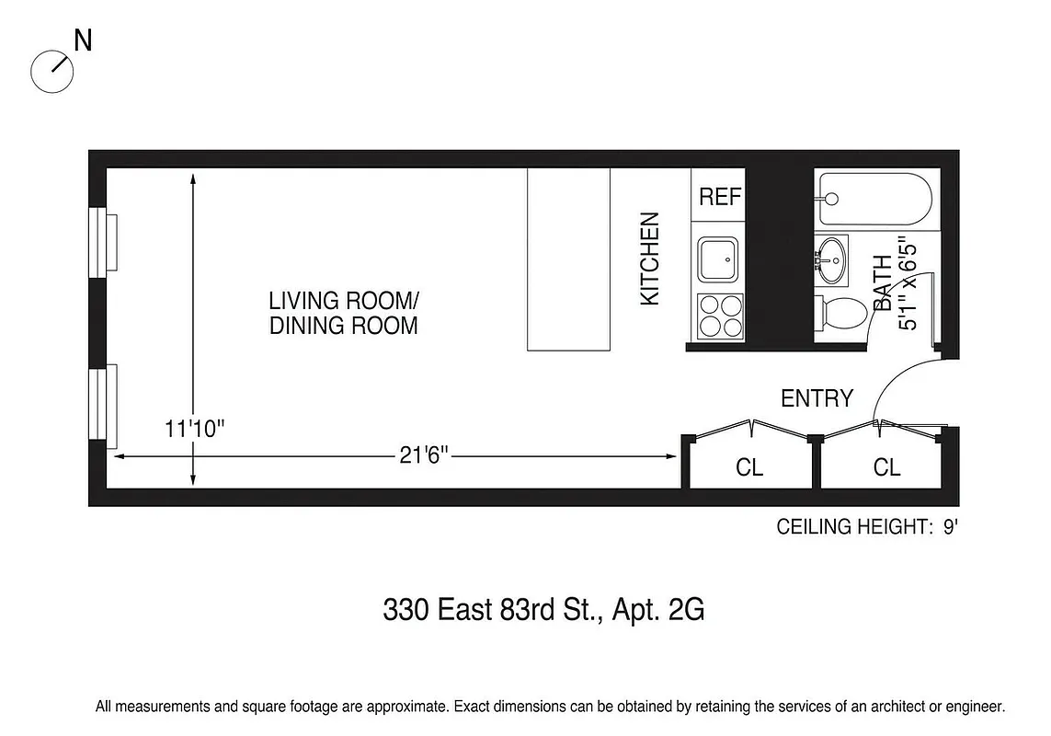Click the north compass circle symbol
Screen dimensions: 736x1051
(x=51, y=71)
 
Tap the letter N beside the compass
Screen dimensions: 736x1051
(x=83, y=41)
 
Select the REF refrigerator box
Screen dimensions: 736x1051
(x=719, y=196)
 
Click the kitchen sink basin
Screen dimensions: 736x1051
(x=717, y=259)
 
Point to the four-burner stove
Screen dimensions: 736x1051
(x=719, y=316)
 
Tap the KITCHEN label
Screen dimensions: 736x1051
(x=650, y=259)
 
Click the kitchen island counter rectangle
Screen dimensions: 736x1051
(x=568, y=259)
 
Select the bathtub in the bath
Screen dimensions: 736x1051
(x=874, y=198)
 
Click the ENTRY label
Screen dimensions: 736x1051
(x=817, y=398)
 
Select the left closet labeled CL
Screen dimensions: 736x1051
(x=748, y=467)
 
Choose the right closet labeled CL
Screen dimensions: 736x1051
(x=886, y=467)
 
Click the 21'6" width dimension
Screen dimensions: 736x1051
(x=425, y=456)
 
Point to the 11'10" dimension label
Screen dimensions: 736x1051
(x=194, y=429)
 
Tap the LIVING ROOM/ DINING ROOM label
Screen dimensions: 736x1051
(x=343, y=313)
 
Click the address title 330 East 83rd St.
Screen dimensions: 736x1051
(x=543, y=610)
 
